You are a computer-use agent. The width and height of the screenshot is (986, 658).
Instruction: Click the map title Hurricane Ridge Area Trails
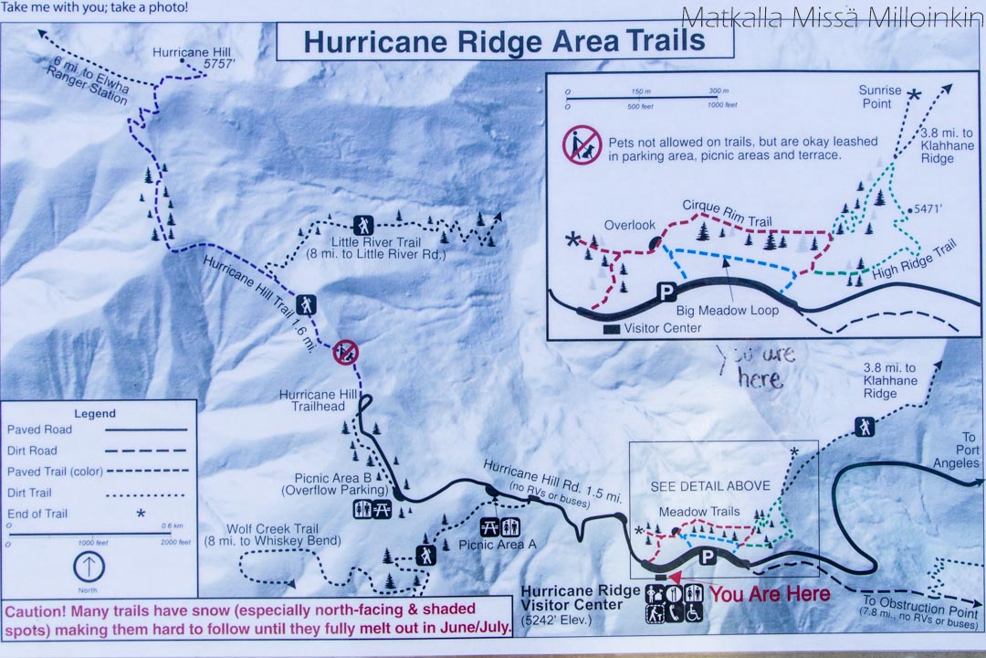(x=504, y=41)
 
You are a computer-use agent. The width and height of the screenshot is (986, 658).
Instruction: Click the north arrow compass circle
(x=89, y=568)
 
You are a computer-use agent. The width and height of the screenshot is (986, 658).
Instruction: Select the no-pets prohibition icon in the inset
(x=581, y=144)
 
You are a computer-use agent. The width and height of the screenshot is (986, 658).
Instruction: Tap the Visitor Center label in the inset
(x=663, y=328)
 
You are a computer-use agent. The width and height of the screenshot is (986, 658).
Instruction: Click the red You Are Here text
(x=770, y=594)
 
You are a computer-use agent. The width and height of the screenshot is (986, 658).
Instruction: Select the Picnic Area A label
(x=498, y=544)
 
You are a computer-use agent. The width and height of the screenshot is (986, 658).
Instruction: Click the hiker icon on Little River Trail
(x=363, y=224)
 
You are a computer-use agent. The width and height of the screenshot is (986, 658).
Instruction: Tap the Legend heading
(x=94, y=413)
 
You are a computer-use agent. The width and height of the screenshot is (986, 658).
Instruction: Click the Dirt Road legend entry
(x=33, y=451)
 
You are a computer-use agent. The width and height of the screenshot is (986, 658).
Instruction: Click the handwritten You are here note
(x=756, y=366)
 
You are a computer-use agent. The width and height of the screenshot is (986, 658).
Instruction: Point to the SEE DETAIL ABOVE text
(x=710, y=485)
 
